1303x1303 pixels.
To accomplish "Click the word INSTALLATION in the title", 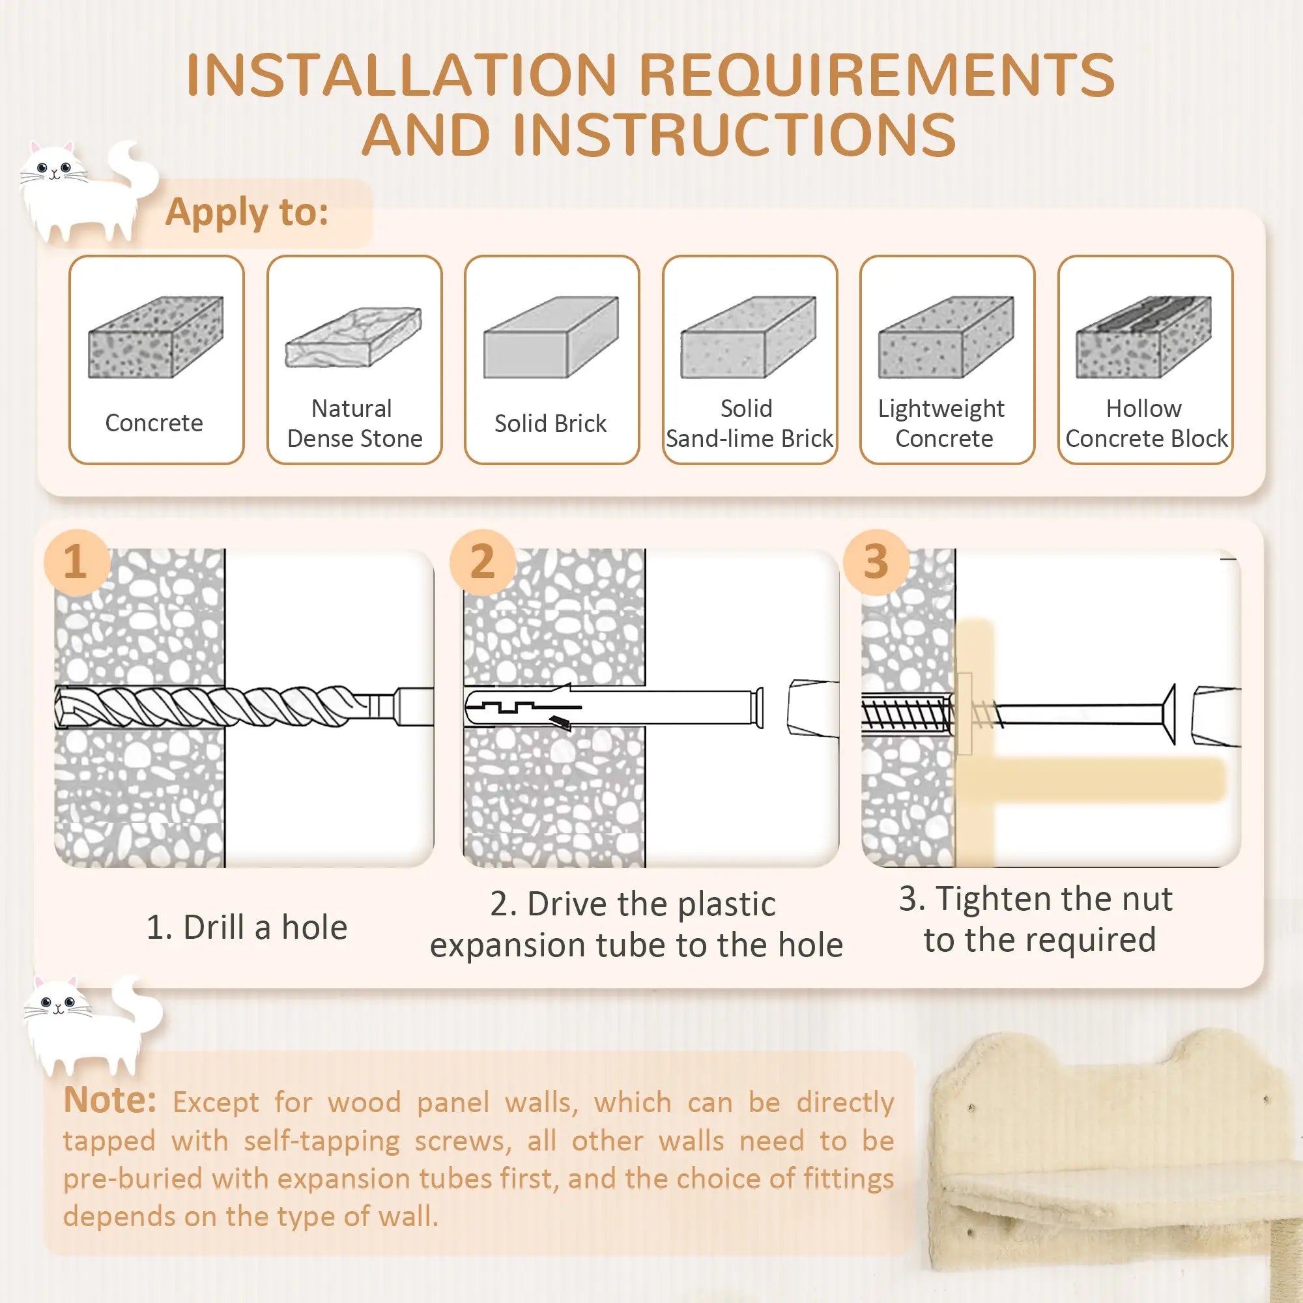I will point(401,76).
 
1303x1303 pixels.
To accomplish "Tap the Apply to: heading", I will point(247,212).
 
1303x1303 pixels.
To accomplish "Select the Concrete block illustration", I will point(156,337).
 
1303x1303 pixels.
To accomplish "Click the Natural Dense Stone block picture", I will point(353,337).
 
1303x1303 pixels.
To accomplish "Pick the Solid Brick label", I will point(551,423).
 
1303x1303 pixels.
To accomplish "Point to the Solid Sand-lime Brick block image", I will point(749,337).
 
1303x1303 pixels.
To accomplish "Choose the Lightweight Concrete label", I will point(943,423).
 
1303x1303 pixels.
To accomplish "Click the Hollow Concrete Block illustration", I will point(1144,337).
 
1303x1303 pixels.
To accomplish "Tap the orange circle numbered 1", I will point(76,562).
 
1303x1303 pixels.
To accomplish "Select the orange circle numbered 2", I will point(482,562).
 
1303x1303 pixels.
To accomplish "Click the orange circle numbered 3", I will point(876,562).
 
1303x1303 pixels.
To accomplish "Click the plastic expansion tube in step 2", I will point(614,708).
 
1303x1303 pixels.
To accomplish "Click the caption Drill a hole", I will point(247,927).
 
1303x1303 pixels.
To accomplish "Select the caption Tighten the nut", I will point(1036,900).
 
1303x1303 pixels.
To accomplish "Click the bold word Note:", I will point(110,1100).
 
